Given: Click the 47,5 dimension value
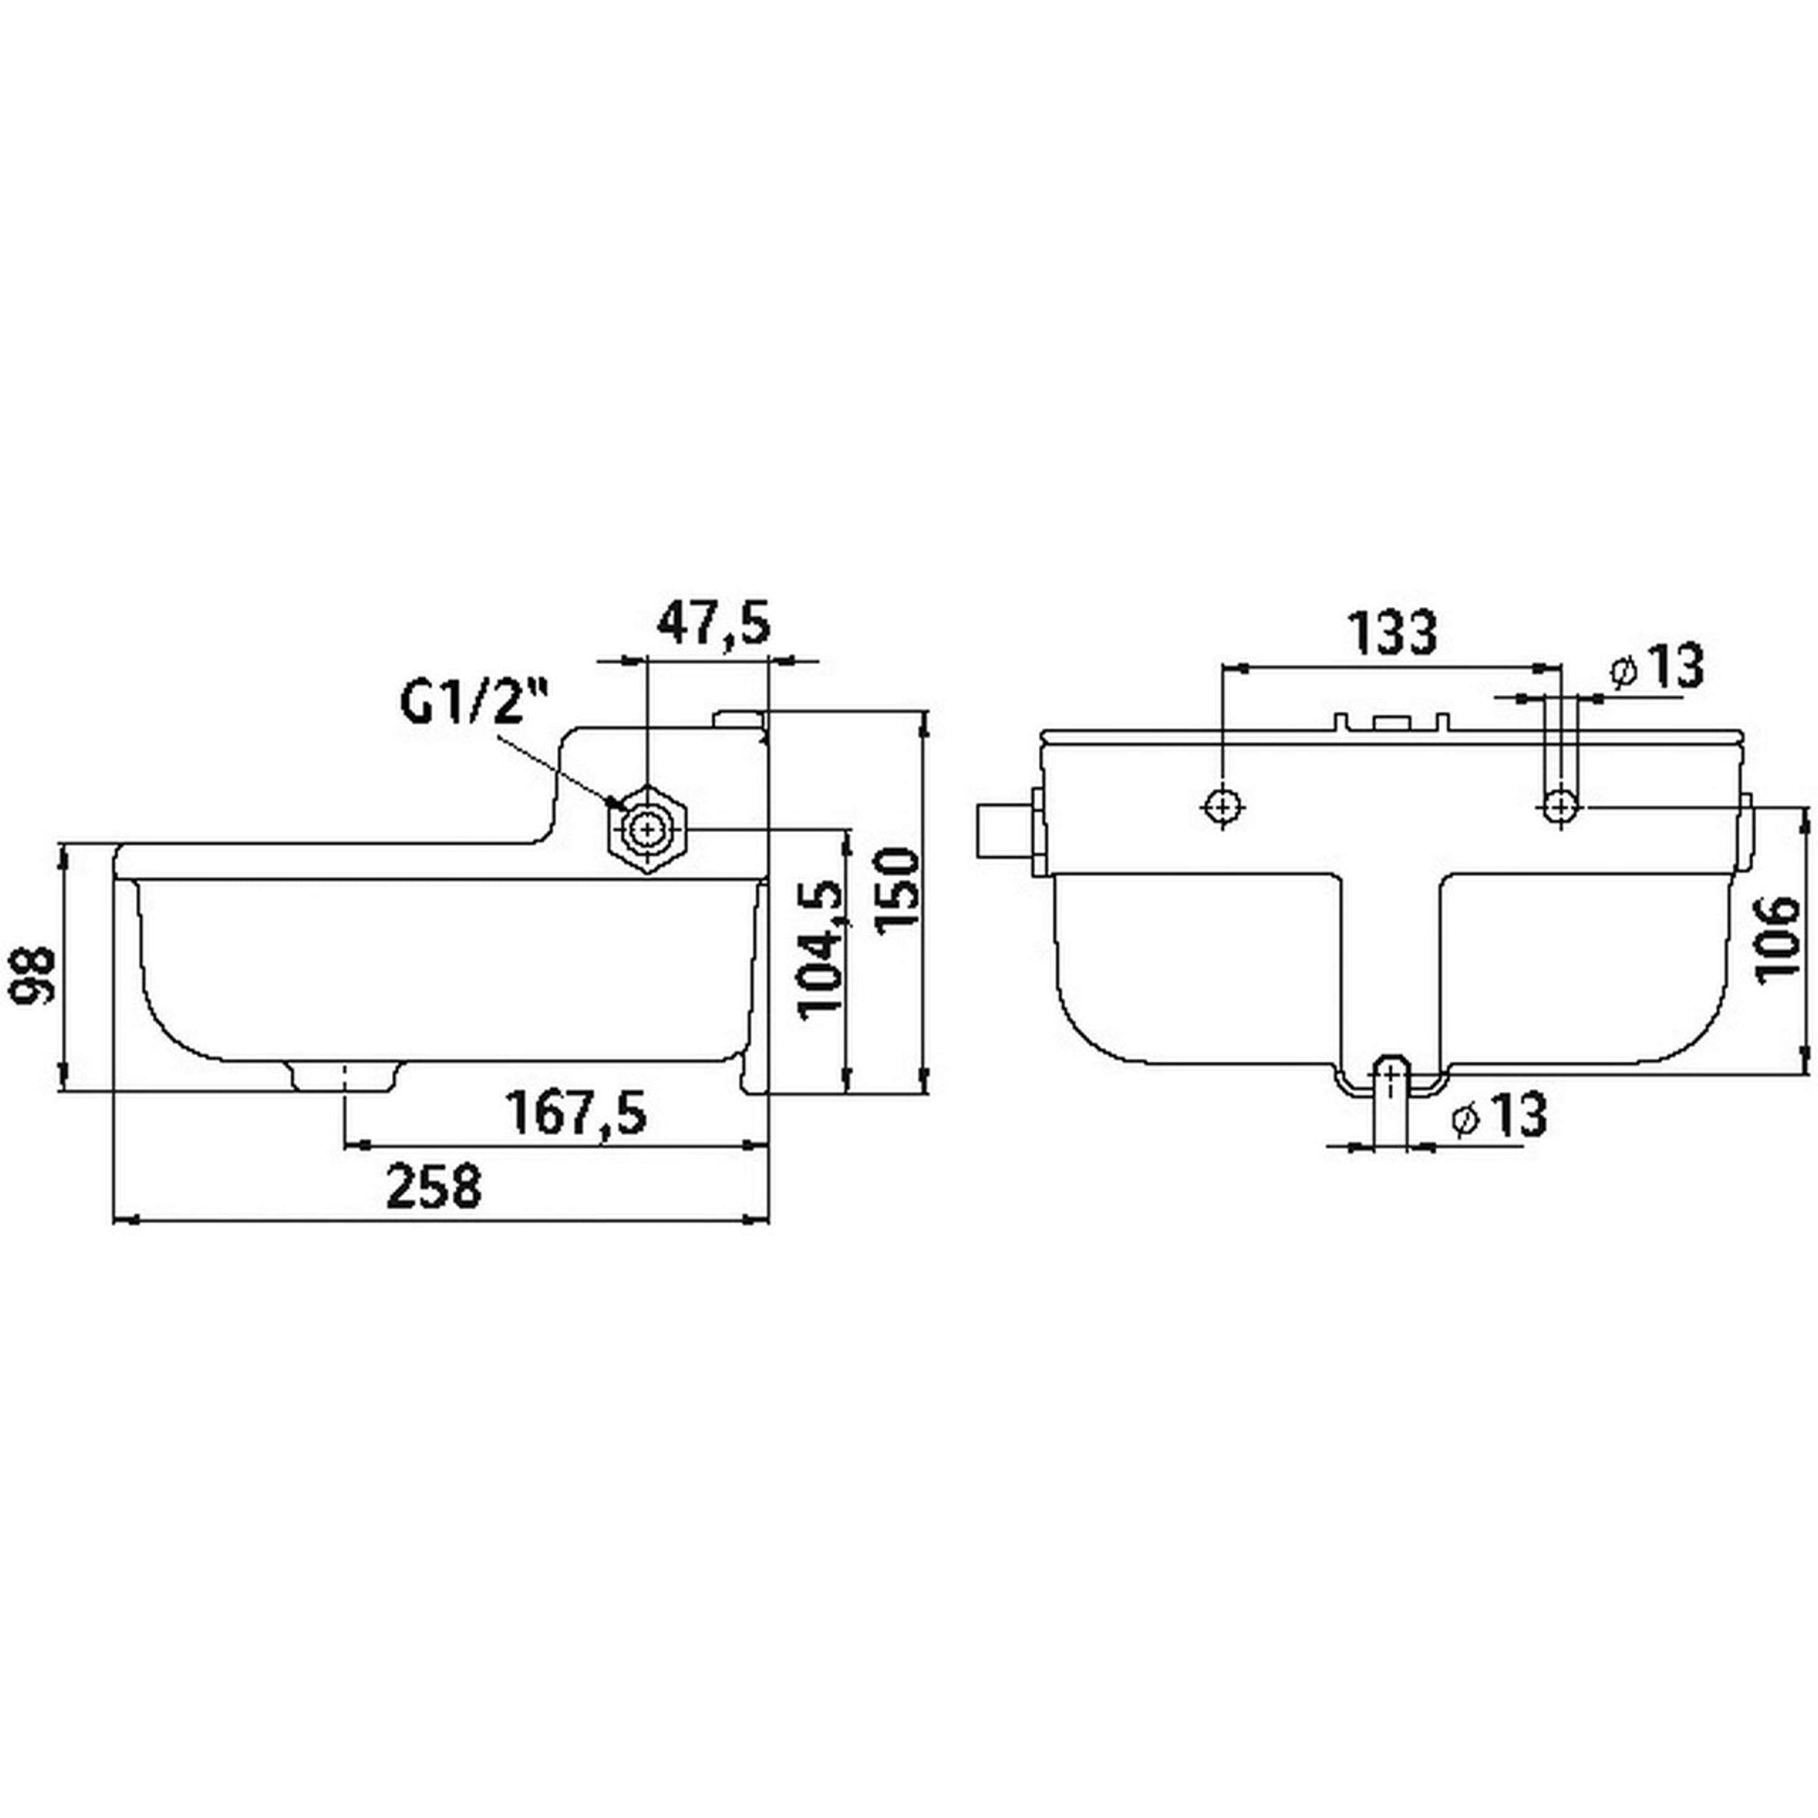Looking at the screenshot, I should click(712, 624).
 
